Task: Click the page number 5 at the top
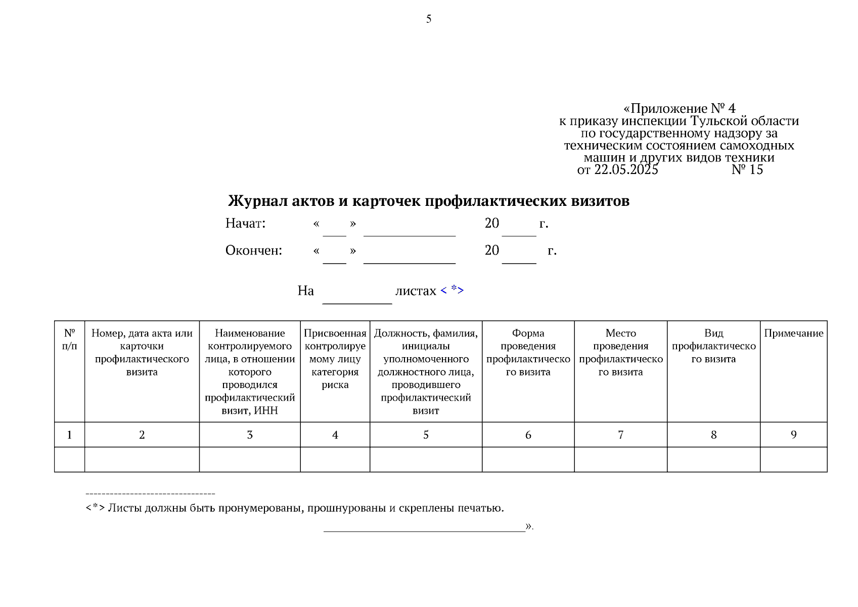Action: tap(428, 19)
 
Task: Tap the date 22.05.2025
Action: tap(626, 170)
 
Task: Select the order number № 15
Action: tap(747, 170)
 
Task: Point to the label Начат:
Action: tap(245, 223)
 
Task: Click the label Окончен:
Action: tap(253, 250)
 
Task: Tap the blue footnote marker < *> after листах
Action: tap(452, 290)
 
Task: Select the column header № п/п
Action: tap(69, 339)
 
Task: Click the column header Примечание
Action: tap(793, 333)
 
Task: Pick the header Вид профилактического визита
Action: tap(713, 346)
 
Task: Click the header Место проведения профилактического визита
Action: tap(620, 353)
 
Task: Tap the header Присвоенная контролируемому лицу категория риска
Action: tap(335, 359)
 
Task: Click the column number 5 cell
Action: tap(426, 435)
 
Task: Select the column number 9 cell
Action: tap(793, 435)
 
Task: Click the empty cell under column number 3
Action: tap(250, 459)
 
